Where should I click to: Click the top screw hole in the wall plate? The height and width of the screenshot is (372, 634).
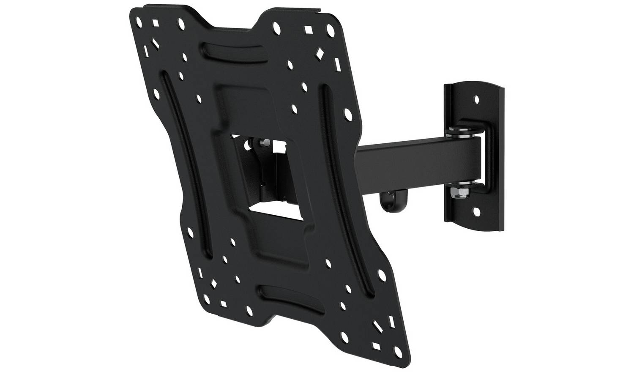pyautogui.click(x=477, y=100)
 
